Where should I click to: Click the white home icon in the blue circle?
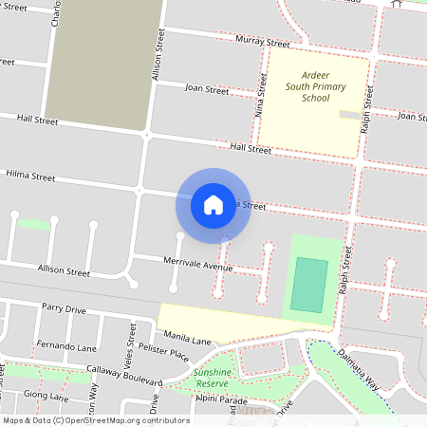tap(213, 204)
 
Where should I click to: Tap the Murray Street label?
tap(264, 42)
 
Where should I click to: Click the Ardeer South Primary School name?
tap(316, 86)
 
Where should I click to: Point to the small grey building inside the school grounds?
tap(350, 115)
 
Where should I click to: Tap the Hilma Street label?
tap(31, 176)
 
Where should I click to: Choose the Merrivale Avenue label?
tap(197, 268)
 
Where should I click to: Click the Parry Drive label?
tap(64, 308)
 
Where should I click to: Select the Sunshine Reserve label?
tap(211, 378)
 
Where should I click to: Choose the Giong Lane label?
tap(46, 395)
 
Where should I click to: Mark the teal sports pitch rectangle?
tap(309, 286)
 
